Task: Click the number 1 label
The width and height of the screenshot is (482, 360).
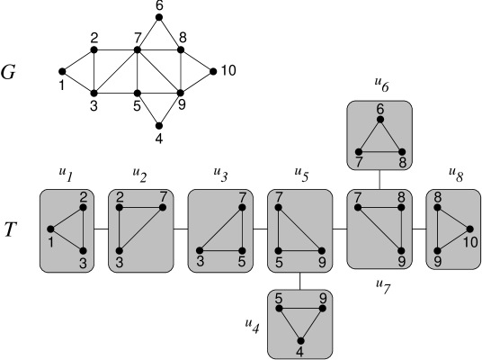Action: click(49, 241)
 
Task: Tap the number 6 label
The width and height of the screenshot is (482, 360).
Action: click(380, 109)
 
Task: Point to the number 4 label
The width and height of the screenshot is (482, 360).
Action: click(299, 354)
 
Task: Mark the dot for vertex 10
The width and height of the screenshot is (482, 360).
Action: click(469, 229)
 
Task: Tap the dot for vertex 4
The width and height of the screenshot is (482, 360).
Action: click(300, 339)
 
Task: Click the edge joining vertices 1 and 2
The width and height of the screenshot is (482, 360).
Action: click(67, 218)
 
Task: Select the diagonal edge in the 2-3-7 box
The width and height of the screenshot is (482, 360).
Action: click(140, 229)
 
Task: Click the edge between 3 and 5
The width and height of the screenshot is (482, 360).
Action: click(219, 250)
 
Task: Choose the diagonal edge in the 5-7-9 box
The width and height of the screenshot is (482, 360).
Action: click(300, 229)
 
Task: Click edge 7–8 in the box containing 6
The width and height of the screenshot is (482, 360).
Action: click(380, 151)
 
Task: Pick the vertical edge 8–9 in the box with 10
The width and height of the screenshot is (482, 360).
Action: click(437, 229)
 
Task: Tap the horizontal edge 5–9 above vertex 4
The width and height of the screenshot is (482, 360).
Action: click(300, 309)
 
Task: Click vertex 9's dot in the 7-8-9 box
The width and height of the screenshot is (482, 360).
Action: click(402, 250)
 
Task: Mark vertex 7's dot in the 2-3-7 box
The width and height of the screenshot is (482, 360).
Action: click(163, 208)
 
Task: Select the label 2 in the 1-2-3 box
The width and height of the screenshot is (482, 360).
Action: click(83, 196)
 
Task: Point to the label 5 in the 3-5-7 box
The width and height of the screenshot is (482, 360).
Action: click(242, 263)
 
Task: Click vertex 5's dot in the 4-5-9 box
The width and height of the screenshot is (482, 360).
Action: click(280, 309)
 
